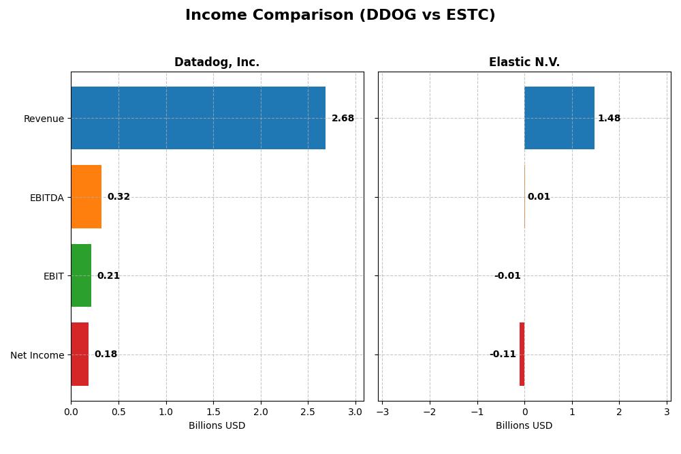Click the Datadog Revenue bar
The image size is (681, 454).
point(197,118)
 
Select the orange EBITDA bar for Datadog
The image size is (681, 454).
point(86,197)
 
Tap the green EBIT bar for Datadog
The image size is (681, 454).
point(81,275)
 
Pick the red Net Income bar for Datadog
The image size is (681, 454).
point(80,354)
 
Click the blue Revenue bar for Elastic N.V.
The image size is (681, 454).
point(559,118)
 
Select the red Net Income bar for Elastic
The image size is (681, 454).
point(522,354)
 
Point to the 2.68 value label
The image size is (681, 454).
point(343,119)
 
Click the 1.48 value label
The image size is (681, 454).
point(609,119)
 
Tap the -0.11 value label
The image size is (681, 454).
point(503,354)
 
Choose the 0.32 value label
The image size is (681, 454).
point(118,197)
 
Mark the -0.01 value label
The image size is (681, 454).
point(507,276)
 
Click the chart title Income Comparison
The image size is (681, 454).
point(340,15)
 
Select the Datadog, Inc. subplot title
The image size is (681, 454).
point(217,63)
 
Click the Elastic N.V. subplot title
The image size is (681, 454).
point(524,63)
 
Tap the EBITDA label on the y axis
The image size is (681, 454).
point(46,198)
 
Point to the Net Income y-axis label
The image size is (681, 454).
point(37,355)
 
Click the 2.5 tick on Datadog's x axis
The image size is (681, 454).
point(308,412)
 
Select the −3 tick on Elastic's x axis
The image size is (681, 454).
point(382,412)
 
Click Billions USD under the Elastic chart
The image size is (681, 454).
point(524,426)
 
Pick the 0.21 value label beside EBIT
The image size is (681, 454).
point(108,276)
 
